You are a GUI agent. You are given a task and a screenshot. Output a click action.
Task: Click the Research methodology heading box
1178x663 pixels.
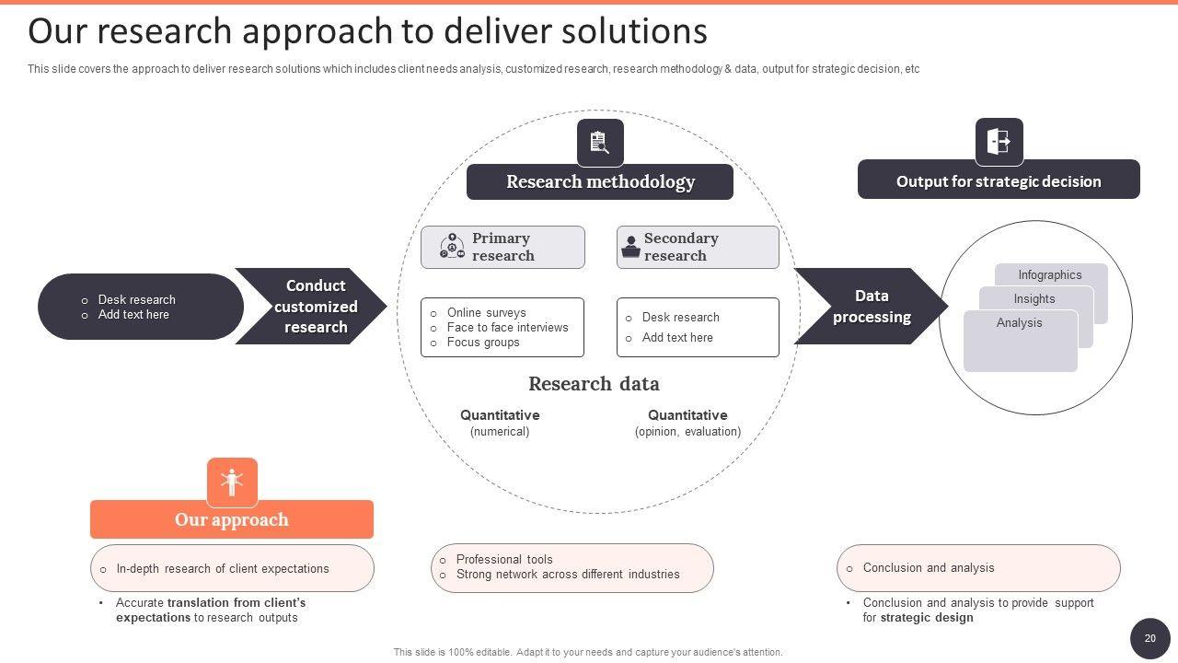coord(600,181)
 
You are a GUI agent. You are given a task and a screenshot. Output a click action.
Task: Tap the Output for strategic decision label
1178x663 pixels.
coord(999,181)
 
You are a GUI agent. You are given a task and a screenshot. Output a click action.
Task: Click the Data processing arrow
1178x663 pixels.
coord(870,307)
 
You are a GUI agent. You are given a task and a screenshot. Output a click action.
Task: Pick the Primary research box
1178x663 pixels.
coord(502,247)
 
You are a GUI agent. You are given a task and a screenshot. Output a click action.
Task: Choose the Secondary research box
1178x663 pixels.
coord(698,247)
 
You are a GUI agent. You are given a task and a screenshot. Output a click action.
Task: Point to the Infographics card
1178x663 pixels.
coord(1050,274)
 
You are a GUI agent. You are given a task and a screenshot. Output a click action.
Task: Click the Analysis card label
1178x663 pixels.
coord(1019,322)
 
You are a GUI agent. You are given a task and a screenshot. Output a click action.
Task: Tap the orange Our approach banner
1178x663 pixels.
coord(232,519)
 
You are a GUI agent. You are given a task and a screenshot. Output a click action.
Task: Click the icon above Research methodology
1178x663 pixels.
coord(600,143)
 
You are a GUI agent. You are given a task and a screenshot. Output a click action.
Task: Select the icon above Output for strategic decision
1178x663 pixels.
coord(999,142)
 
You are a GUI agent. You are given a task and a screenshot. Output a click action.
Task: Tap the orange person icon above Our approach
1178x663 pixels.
coord(232,482)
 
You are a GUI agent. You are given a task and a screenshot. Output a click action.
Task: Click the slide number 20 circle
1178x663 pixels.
coord(1149,638)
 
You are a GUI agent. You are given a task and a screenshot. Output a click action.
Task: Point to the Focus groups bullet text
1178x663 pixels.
coord(483,343)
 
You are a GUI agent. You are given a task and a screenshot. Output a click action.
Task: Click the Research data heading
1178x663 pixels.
coord(594,383)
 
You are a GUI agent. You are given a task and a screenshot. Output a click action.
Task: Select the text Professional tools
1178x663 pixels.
coord(504,559)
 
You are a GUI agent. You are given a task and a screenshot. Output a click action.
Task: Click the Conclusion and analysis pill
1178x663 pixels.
coord(978,568)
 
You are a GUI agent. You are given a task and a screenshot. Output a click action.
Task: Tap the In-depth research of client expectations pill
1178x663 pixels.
coord(232,568)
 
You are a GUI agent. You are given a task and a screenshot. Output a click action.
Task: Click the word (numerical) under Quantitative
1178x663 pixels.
coord(500,431)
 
